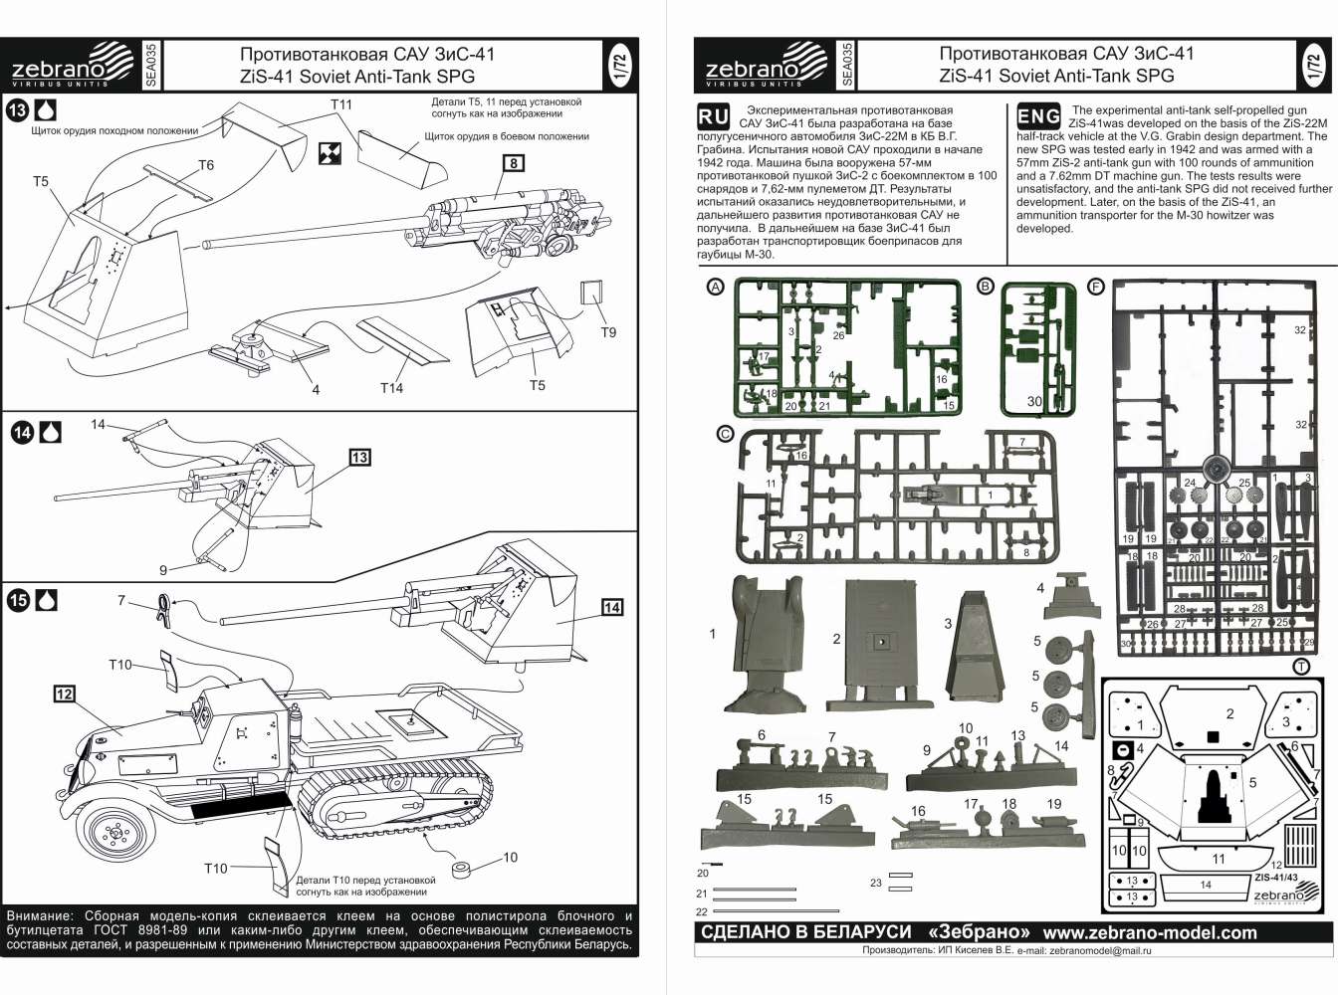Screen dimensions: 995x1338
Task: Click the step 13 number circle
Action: click(x=17, y=109)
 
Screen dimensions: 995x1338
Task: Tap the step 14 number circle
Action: click(x=22, y=433)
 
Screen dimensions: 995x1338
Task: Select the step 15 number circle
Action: click(x=18, y=601)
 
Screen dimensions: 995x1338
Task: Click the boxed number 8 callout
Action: click(x=514, y=163)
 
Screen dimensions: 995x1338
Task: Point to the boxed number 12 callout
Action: click(x=65, y=694)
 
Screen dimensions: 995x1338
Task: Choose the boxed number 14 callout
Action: click(x=612, y=607)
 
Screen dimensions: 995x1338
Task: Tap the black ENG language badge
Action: click(x=1037, y=116)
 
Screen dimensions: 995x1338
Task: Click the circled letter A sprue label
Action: click(x=715, y=287)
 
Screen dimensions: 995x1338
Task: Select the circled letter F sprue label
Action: click(x=1096, y=287)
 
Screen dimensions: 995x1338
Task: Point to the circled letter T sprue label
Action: click(x=1300, y=667)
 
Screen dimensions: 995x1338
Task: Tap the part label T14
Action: click(x=391, y=388)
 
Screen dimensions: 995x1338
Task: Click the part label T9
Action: click(x=608, y=332)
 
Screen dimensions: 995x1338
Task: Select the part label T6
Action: click(x=206, y=165)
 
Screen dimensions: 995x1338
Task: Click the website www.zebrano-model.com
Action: click(x=1150, y=933)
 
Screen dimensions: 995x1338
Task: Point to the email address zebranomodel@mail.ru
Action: click(x=1101, y=951)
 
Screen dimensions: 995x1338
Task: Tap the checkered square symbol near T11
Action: click(x=331, y=152)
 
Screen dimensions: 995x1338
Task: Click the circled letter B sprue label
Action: click(x=986, y=287)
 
